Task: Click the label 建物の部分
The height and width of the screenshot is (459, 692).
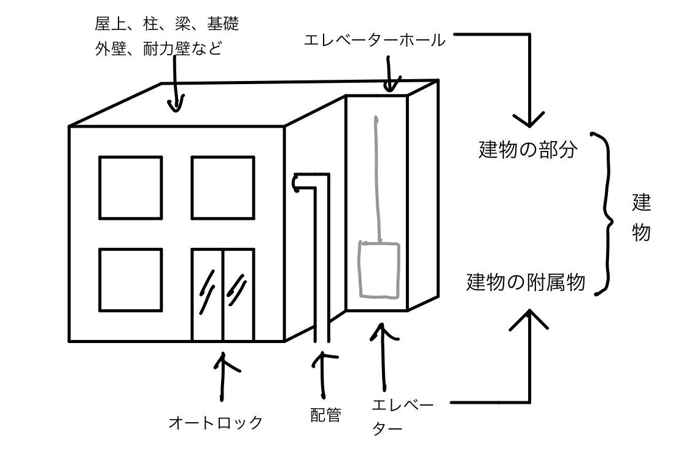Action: point(528,150)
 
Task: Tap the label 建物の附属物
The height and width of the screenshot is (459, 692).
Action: point(526,282)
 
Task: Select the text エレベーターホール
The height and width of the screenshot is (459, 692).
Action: point(375,40)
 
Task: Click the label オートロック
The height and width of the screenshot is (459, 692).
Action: point(216,423)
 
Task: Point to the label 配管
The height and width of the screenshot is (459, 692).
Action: point(325,415)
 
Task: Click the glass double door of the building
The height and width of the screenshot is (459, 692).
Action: point(223,295)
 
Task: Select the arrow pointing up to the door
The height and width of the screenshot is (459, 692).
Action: point(222,376)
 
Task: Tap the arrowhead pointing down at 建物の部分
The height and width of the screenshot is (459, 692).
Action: point(529,119)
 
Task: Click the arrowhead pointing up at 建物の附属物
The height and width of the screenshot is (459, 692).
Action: point(529,317)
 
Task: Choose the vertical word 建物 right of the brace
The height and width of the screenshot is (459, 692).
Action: point(641,217)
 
